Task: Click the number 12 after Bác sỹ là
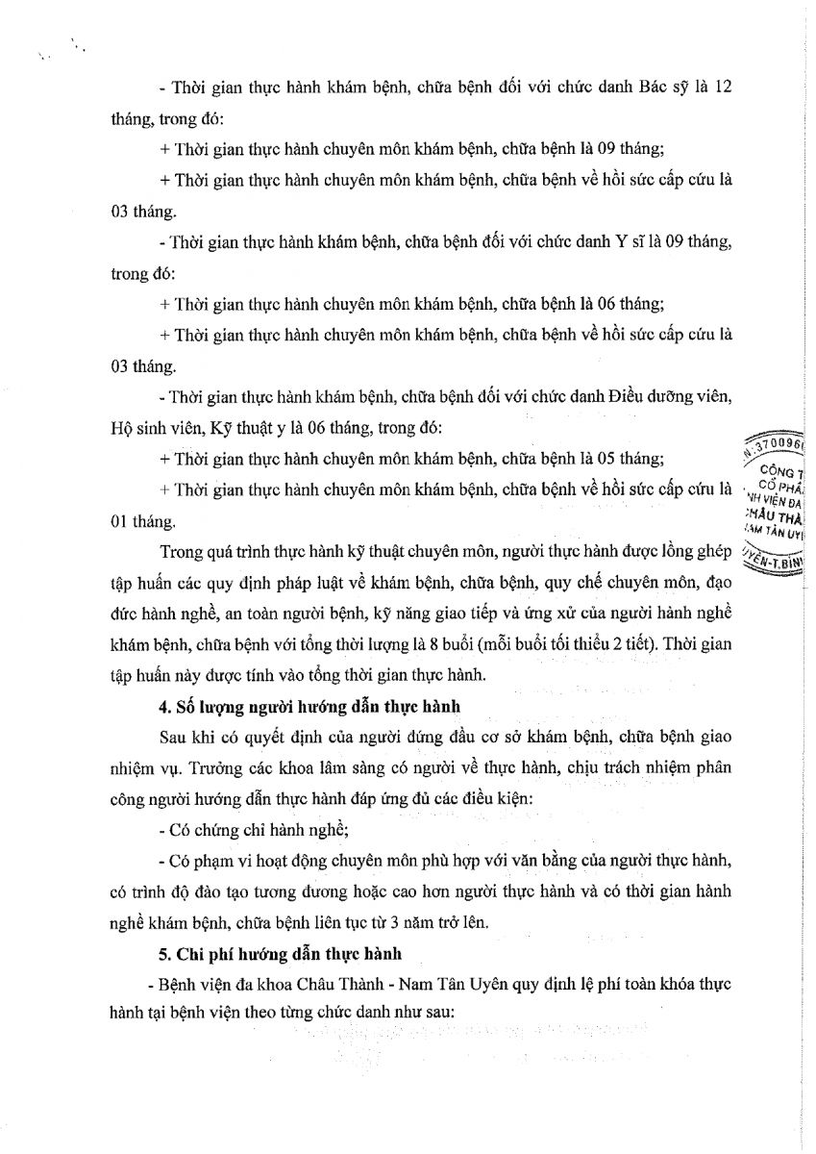tap(721, 86)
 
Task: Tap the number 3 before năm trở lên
tap(376, 924)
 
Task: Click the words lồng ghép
tap(696, 553)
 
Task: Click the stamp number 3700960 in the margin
tap(777, 447)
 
